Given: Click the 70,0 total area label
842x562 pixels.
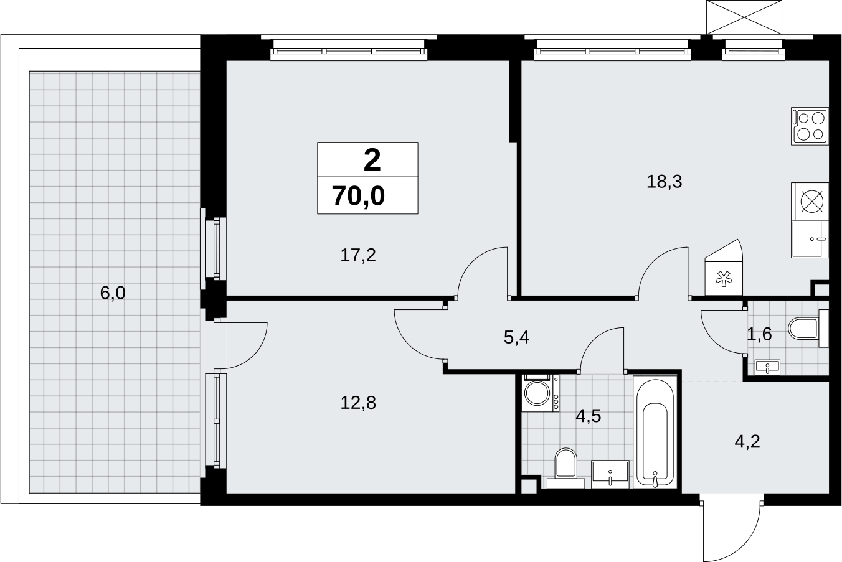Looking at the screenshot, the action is (x=358, y=197).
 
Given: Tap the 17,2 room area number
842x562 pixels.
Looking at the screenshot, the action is (x=358, y=255).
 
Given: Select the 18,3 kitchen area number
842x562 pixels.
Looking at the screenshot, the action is (x=665, y=182).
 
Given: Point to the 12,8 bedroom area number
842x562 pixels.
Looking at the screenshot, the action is (x=358, y=403).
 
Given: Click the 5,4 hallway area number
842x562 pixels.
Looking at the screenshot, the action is (x=516, y=337).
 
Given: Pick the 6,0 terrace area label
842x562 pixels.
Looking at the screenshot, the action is (x=113, y=293).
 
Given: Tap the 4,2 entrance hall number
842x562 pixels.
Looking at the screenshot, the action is (x=747, y=442).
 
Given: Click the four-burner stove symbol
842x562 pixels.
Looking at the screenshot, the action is (x=810, y=126).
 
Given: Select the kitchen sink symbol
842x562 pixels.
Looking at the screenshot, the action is (x=810, y=239).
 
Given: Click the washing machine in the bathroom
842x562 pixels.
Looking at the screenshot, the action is (x=540, y=393).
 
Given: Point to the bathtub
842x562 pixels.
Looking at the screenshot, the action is (x=655, y=432).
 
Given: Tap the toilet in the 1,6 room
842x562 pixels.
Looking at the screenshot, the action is (x=808, y=329).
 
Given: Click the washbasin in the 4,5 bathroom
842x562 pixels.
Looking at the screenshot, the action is (x=610, y=474).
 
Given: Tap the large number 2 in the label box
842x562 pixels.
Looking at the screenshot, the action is (x=372, y=160).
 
